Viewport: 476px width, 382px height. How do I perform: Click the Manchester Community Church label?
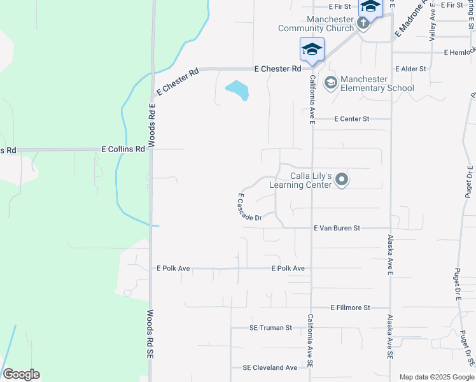(x=316, y=24)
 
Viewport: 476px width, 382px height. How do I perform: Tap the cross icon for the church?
(x=363, y=24)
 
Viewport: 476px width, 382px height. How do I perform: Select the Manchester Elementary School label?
(x=377, y=83)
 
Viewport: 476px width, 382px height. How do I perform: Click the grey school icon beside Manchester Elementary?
(x=330, y=83)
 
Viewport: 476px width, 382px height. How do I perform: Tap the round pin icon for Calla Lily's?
(x=342, y=180)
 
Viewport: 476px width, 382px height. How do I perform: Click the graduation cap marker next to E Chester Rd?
(x=312, y=50)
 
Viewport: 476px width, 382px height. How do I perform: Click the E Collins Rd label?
(x=123, y=149)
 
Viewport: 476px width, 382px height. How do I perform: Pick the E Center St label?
(x=352, y=118)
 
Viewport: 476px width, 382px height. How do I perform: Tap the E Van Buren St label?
(x=337, y=228)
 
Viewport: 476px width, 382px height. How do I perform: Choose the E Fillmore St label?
(x=350, y=308)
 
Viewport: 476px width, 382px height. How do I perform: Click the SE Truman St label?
(x=270, y=328)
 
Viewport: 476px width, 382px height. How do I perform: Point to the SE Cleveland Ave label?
(x=270, y=368)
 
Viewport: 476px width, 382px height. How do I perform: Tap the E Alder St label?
(x=410, y=68)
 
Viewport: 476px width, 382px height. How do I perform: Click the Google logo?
(x=21, y=374)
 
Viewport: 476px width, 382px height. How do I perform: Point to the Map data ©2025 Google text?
(x=437, y=377)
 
